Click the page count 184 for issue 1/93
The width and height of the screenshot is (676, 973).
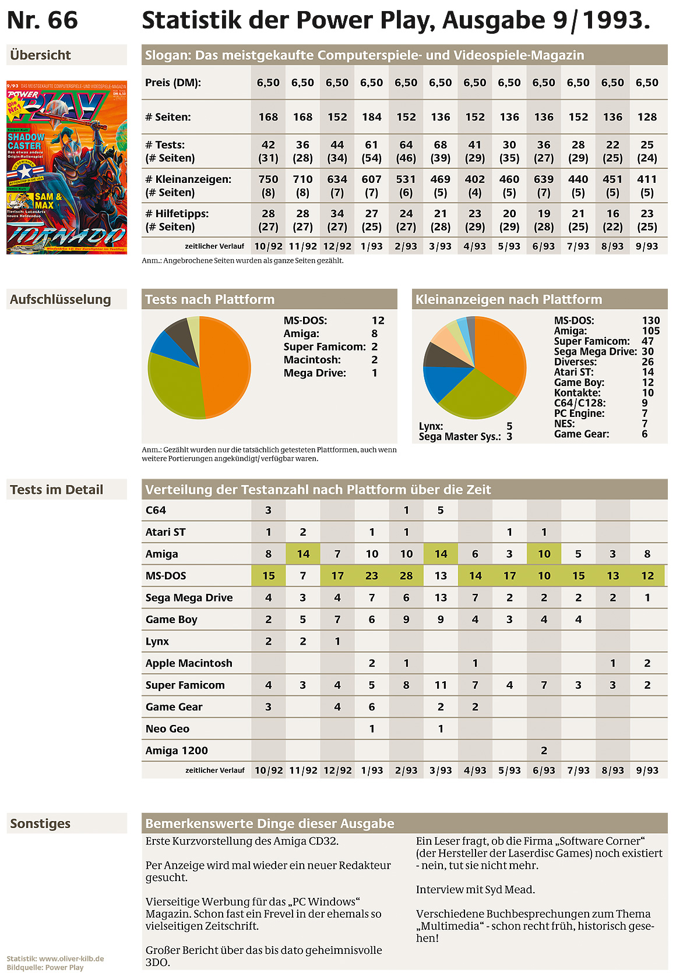click(371, 117)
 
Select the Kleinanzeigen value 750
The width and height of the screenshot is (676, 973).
click(268, 179)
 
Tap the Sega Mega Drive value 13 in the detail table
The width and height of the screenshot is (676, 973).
click(441, 597)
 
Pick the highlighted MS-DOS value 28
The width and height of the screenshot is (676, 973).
click(406, 575)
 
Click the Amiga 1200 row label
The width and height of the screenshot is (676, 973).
click(177, 750)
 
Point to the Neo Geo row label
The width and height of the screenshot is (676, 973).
click(167, 728)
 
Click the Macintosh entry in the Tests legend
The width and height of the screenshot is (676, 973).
click(312, 360)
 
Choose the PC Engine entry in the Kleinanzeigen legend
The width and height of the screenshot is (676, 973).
click(579, 413)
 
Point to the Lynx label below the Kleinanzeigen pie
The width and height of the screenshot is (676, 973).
click(431, 426)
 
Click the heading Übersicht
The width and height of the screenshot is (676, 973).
click(40, 55)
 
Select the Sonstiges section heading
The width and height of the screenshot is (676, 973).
click(40, 823)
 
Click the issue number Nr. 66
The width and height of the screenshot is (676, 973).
click(42, 20)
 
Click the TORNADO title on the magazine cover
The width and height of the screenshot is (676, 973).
click(65, 235)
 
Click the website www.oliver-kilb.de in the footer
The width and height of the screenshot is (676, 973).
click(71, 958)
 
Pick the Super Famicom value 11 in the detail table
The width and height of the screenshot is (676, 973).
click(441, 685)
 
